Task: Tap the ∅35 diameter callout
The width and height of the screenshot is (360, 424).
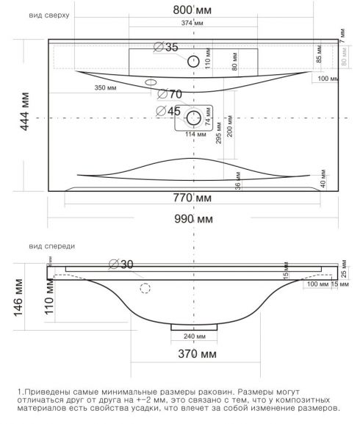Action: [x=166, y=48]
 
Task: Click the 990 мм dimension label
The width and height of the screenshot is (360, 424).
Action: [x=194, y=219]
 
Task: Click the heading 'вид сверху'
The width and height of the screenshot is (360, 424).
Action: [x=46, y=14]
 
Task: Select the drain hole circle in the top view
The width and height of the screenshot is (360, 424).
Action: [x=194, y=118]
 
